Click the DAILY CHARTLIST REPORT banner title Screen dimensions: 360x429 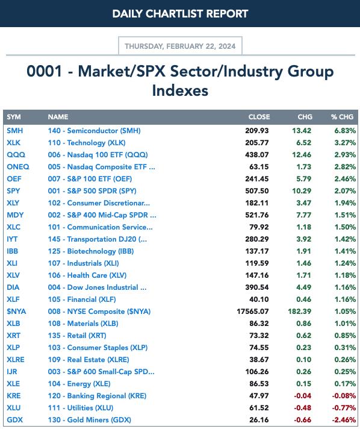click(x=180, y=14)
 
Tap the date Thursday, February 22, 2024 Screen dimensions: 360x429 click(x=180, y=46)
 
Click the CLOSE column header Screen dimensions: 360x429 click(x=259, y=117)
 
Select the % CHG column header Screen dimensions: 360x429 click(x=342, y=117)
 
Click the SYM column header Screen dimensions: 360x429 click(x=14, y=117)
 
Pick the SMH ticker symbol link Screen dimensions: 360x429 click(x=15, y=131)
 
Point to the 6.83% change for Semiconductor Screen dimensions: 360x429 click(x=345, y=131)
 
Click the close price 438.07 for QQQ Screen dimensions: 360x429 click(x=256, y=155)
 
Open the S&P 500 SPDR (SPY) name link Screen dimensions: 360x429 click(x=92, y=190)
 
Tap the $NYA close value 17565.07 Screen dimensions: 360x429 click(x=253, y=312)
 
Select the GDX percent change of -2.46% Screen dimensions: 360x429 click(x=344, y=420)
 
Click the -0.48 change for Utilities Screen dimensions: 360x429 click(x=302, y=408)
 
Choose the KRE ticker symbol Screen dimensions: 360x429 click(x=14, y=396)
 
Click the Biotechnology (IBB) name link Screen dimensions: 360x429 click(x=91, y=251)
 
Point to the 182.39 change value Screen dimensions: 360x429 click(x=299, y=312)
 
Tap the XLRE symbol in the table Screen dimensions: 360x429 click(x=16, y=360)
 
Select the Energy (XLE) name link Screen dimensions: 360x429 click(x=79, y=384)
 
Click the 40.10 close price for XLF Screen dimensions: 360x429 click(x=259, y=299)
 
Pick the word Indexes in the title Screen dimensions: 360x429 click(x=180, y=90)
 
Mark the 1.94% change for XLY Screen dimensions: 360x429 click(x=345, y=202)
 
